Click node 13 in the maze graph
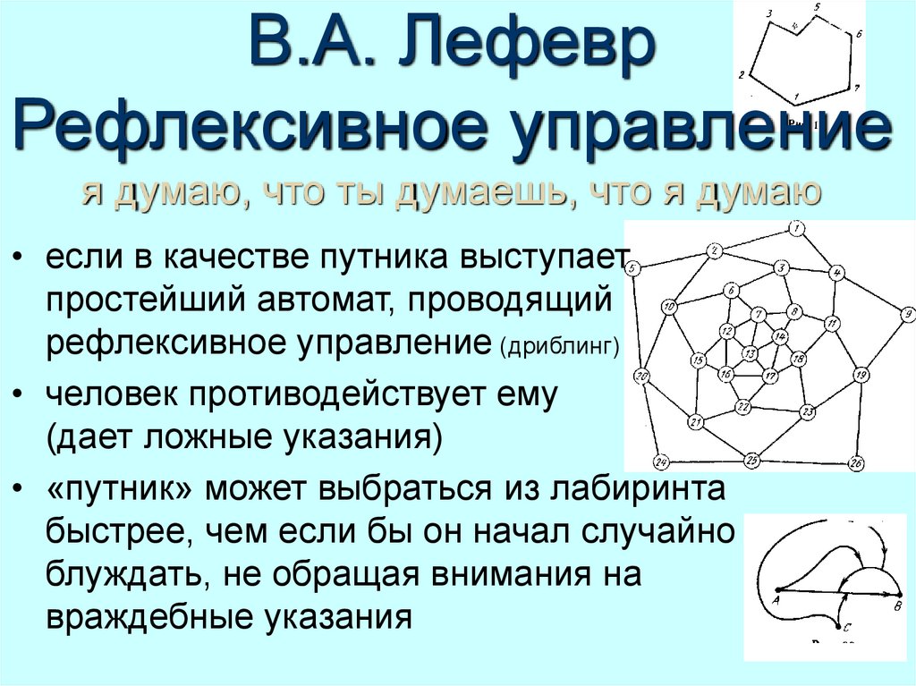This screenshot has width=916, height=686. pos(750,351)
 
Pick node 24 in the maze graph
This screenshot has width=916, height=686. pos(661,462)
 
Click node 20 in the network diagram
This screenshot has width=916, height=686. pos(640,376)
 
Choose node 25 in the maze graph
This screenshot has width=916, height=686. pos(752,461)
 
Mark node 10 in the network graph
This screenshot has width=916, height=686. pos(668,307)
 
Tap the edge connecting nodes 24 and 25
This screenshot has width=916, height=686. pos(707,462)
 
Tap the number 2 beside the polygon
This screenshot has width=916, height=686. pos(742,75)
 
